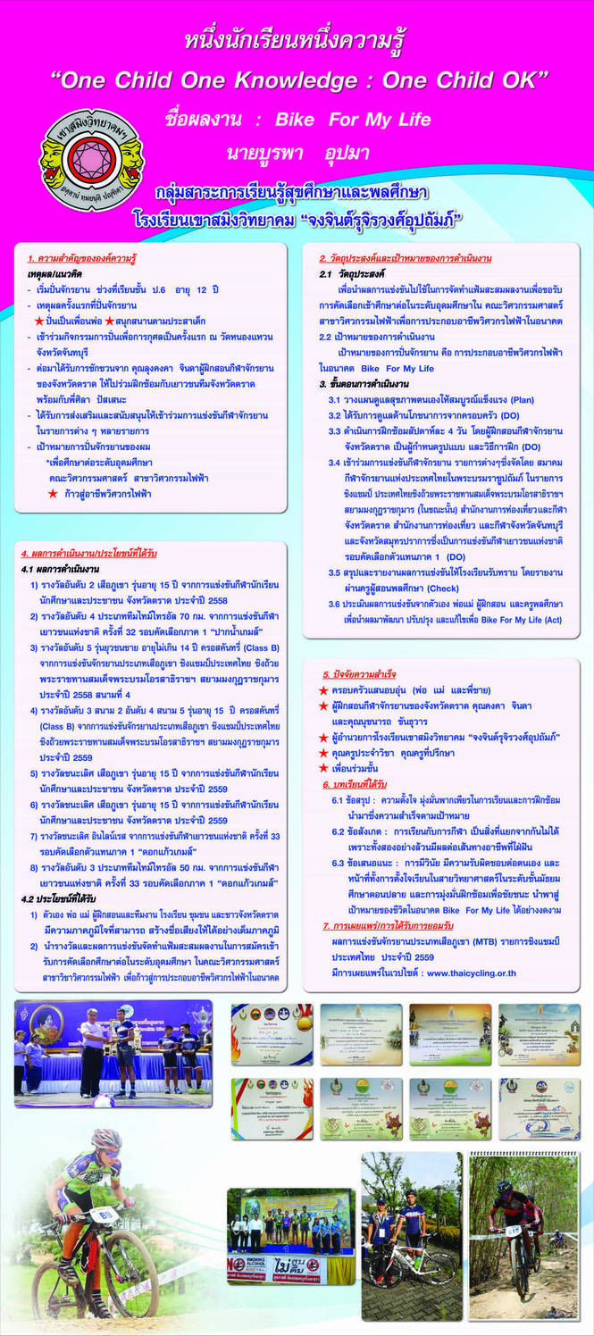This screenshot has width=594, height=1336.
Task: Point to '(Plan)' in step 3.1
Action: point(520,399)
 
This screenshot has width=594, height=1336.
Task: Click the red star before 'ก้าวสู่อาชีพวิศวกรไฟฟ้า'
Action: point(53,493)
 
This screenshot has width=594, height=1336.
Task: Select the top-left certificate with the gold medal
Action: point(272,1034)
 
